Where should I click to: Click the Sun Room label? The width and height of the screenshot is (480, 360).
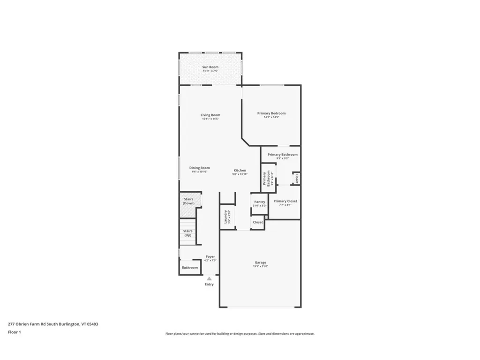(210, 67)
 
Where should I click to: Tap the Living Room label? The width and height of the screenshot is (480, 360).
(210, 115)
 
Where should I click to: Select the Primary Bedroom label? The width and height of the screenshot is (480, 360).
(271, 113)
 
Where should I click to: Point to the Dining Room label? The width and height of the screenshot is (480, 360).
(199, 168)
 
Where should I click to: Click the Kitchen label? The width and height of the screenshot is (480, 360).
(240, 170)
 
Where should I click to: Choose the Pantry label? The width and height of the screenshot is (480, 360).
(259, 202)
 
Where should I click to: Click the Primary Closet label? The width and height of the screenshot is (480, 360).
(285, 201)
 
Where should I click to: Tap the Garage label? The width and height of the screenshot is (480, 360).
(260, 262)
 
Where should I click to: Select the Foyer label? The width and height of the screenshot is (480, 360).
(210, 256)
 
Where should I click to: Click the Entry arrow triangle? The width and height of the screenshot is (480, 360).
(209, 278)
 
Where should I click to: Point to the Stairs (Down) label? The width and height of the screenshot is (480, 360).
(188, 201)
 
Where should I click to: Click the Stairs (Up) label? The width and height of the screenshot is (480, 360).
(187, 232)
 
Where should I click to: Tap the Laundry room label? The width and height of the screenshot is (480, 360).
(226, 217)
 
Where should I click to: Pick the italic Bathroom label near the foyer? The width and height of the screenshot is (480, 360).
(190, 268)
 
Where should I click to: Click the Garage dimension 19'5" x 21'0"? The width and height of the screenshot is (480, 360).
(260, 266)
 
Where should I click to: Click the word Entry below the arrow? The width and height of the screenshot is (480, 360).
(209, 284)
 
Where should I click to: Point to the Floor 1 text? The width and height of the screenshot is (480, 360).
(15, 332)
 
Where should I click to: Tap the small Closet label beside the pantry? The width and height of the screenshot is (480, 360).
(258, 222)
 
